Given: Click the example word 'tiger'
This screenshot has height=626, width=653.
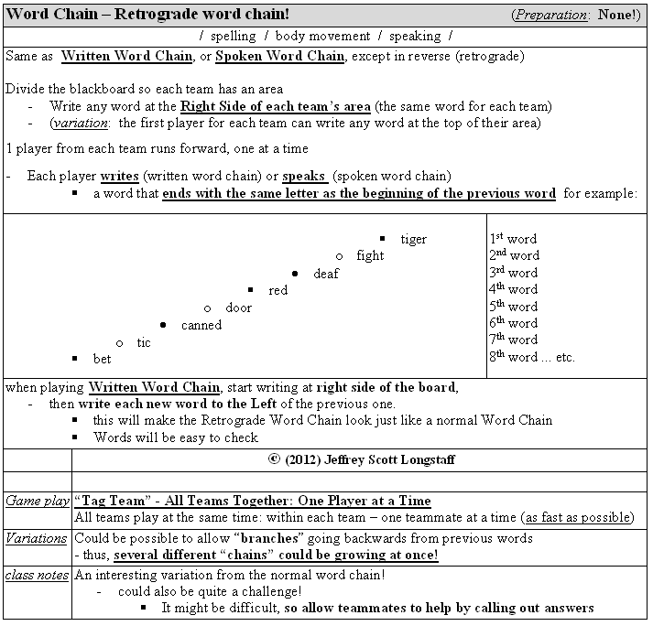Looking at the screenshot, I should (x=414, y=240).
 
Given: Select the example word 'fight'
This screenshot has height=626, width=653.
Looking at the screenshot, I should (x=370, y=256).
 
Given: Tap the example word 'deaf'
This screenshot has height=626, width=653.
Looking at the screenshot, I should (x=325, y=274).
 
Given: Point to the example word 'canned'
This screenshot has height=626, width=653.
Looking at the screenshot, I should (x=201, y=325).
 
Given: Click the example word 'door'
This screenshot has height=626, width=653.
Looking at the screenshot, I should (x=238, y=308).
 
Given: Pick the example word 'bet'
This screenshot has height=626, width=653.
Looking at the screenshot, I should (x=102, y=359).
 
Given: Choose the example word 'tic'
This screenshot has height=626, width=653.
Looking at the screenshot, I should (x=144, y=342).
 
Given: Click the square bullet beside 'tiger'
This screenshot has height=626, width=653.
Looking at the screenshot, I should (x=382, y=239).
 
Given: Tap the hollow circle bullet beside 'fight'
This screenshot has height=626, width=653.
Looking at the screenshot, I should (x=339, y=256).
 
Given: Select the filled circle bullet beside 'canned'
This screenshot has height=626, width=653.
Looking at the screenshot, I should (x=163, y=325).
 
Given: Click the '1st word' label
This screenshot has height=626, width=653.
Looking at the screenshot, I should (x=513, y=239).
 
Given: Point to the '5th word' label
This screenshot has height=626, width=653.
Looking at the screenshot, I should (x=513, y=307).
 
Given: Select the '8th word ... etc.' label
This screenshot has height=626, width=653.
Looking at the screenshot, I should (x=531, y=357).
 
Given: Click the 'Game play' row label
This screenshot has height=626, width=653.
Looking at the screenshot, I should (x=38, y=502).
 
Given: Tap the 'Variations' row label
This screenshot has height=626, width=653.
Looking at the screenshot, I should (x=38, y=538).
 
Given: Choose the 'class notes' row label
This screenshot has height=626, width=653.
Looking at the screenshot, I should (x=38, y=575).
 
